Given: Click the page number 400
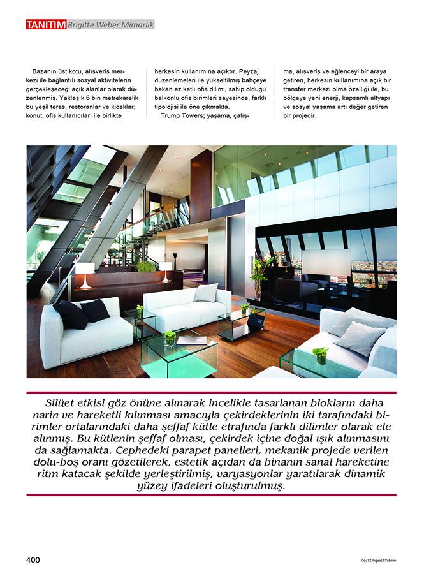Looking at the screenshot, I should point(33,559).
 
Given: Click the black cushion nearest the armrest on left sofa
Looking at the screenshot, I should point(67,315).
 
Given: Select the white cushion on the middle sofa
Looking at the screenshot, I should point(205,293).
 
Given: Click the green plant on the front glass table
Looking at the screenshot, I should point(170,335).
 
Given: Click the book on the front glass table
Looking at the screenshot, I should point(192,340).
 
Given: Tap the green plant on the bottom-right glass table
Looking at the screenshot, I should point(320,353).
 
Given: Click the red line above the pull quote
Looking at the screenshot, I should point(211,392).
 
